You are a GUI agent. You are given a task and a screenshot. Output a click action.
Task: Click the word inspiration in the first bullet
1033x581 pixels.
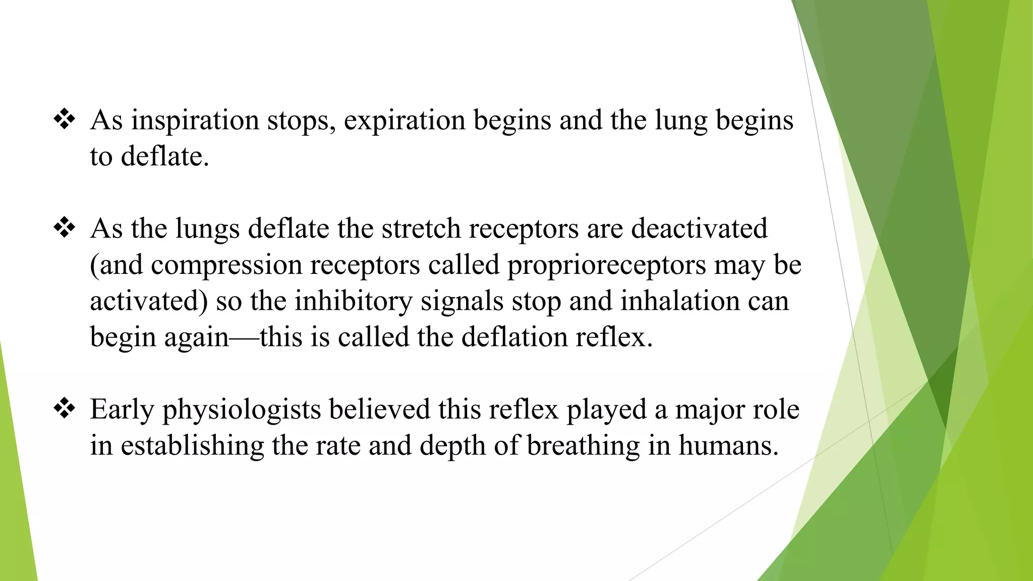pos(195,121)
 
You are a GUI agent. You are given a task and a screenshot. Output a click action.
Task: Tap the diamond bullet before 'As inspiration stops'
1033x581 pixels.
pos(65,120)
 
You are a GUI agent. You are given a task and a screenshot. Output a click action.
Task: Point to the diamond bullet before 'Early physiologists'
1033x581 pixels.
pos(65,409)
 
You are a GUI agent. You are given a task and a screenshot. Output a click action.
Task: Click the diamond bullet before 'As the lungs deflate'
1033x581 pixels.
pos(65,228)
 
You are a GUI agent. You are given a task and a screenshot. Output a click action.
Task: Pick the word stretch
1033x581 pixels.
pos(421,228)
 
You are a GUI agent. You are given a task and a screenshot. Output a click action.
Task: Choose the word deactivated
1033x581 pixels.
pos(699,228)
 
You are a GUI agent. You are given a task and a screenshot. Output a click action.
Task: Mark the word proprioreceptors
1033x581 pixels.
pos(606,265)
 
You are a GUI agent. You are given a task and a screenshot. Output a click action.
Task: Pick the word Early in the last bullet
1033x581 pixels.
pos(122,410)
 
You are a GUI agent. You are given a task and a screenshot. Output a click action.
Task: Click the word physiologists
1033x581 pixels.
pos(241,410)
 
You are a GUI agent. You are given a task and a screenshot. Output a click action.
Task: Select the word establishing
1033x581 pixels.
pos(192,445)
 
